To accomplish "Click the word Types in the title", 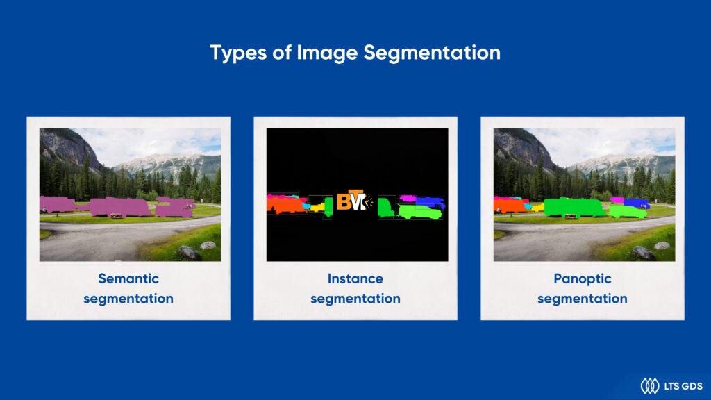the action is (239, 53).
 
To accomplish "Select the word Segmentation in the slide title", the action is (432, 53).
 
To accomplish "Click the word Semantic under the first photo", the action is (128, 278).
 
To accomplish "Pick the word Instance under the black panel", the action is (355, 278).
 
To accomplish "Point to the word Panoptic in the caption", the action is (583, 279).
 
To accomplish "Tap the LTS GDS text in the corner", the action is (683, 386).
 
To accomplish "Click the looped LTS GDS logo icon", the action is (650, 386).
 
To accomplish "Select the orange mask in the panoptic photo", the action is (510, 206).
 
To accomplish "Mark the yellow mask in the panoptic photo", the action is (538, 207).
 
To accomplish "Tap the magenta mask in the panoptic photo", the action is (617, 199).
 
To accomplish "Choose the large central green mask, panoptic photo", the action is (574, 207).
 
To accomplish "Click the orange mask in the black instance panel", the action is (285, 206).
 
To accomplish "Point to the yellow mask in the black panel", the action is (316, 208).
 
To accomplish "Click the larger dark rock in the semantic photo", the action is (188, 252).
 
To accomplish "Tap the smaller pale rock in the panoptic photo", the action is (662, 246).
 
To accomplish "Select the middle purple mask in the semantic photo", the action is (119, 207).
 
